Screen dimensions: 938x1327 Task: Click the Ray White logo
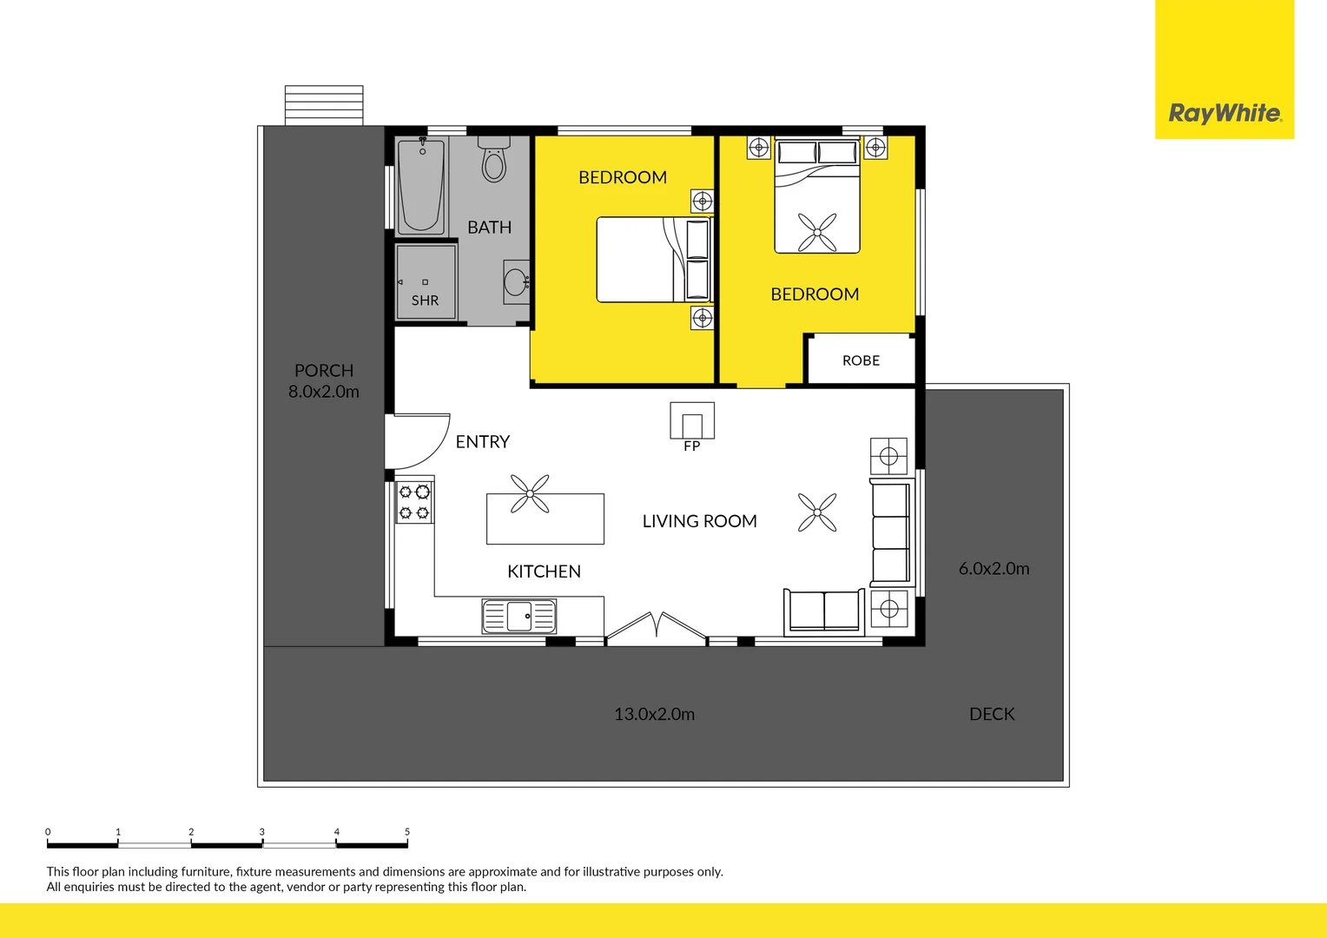click(1224, 113)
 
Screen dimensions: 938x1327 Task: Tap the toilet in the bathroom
click(494, 161)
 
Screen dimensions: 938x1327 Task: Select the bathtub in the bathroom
click(421, 186)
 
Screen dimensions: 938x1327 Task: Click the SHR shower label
click(425, 301)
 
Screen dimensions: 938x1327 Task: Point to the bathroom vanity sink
click(516, 282)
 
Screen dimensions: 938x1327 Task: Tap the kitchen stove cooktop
click(414, 503)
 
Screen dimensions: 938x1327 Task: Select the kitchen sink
click(519, 617)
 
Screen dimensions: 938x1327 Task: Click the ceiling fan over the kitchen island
click(530, 494)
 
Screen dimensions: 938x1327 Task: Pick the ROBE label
click(861, 360)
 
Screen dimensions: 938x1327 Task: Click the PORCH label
click(324, 371)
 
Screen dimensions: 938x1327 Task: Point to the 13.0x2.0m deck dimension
click(654, 715)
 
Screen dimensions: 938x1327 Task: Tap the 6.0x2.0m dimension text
click(994, 569)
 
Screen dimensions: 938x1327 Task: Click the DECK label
click(992, 714)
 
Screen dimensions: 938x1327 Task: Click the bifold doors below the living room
click(657, 627)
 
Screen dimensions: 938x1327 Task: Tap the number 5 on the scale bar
click(406, 832)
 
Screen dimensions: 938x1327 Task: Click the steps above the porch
click(324, 105)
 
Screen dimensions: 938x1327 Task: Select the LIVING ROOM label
click(699, 521)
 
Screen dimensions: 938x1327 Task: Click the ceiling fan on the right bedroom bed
click(817, 232)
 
